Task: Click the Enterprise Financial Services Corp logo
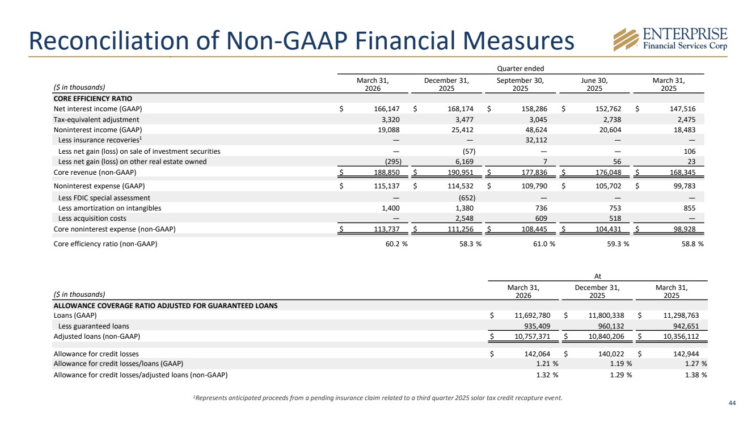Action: pos(670,40)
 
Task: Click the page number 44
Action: pos(732,403)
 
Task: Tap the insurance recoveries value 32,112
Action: pos(536,140)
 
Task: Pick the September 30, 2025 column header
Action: pos(520,85)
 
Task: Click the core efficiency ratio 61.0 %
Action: pos(544,244)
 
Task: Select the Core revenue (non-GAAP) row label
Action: pos(95,172)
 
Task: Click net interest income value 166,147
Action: pos(386,109)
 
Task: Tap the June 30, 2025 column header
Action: pos(594,85)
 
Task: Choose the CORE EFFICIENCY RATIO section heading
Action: pos(93,99)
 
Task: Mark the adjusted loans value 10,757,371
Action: pos(532,336)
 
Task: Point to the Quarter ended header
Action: pos(521,69)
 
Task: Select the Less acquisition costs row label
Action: pos(92,218)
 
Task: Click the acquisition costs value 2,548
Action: pos(464,218)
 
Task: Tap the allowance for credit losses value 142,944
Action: pos(686,354)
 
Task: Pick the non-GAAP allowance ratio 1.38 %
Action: pos(696,375)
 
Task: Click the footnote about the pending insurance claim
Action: pos(378,398)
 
